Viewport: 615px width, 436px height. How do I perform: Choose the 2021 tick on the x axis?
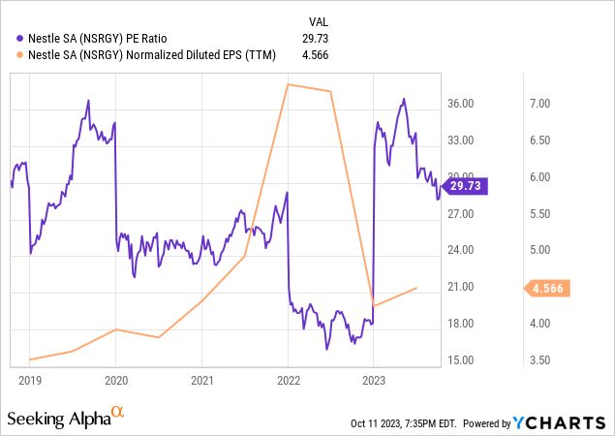coord(201,381)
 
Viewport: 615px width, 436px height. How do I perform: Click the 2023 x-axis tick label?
coord(374,381)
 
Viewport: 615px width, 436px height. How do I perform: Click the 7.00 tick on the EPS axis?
coord(538,104)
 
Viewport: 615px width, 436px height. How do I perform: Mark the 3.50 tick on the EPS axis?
coord(538,360)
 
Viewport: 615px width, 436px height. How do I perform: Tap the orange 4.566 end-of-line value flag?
coord(549,288)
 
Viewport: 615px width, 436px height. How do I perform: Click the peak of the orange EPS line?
coord(288,84)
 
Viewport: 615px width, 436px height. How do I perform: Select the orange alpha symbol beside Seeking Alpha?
coord(118,413)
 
